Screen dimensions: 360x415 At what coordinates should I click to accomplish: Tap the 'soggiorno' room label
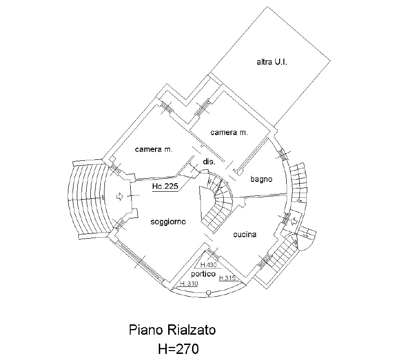[x=168, y=222]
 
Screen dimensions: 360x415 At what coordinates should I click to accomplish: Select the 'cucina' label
[x=245, y=234]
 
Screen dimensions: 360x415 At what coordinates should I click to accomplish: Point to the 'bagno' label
[x=261, y=179]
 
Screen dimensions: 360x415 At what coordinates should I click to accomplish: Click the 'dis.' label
[x=208, y=162]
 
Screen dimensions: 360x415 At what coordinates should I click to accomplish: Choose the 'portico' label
[x=203, y=273]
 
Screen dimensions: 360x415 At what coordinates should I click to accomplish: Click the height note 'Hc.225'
[x=165, y=187]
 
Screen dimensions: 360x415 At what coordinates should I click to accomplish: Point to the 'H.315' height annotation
[x=229, y=278]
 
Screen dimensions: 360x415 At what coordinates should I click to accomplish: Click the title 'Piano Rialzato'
[x=172, y=330]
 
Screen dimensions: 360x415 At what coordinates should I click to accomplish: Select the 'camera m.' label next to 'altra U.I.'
[x=229, y=133]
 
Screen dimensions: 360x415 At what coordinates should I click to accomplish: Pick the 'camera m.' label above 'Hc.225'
[x=154, y=150]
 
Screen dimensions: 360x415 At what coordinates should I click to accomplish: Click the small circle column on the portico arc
[x=207, y=294]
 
